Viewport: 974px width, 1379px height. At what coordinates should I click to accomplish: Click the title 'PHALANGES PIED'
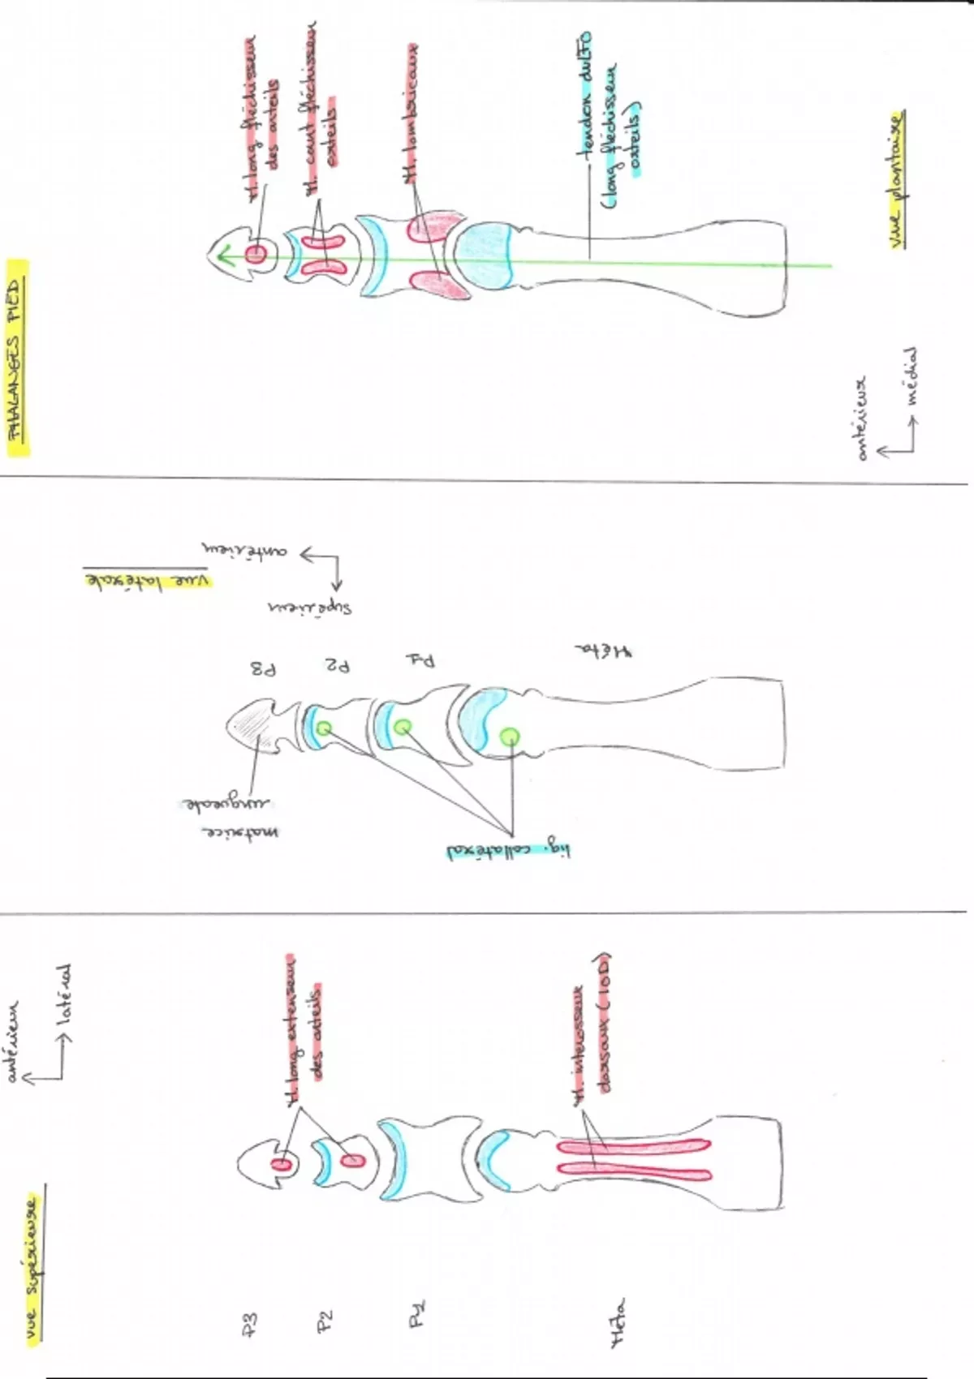(x=17, y=357)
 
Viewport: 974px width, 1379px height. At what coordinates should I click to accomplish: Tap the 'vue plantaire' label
(x=895, y=178)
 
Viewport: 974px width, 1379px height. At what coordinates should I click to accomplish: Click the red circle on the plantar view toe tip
(x=256, y=254)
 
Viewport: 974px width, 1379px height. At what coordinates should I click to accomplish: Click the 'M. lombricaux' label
(x=412, y=114)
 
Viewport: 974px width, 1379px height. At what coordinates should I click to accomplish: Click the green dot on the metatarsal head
(x=509, y=736)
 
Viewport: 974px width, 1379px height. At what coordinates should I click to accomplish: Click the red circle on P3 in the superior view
(x=282, y=1165)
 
